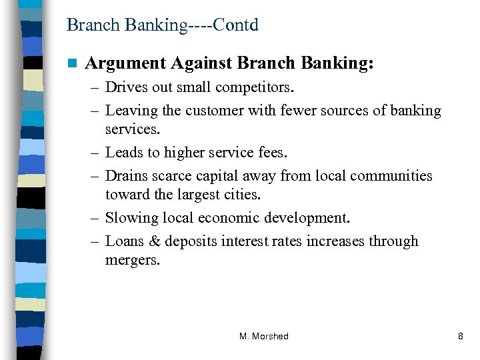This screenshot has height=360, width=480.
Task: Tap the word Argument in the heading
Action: click(125, 64)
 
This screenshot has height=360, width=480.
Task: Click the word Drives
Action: click(126, 87)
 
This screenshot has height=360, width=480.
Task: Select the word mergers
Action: click(133, 261)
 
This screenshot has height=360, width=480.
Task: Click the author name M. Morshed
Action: click(264, 337)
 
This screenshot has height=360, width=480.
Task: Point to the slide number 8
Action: click(460, 337)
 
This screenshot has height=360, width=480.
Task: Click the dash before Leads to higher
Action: click(93, 153)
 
